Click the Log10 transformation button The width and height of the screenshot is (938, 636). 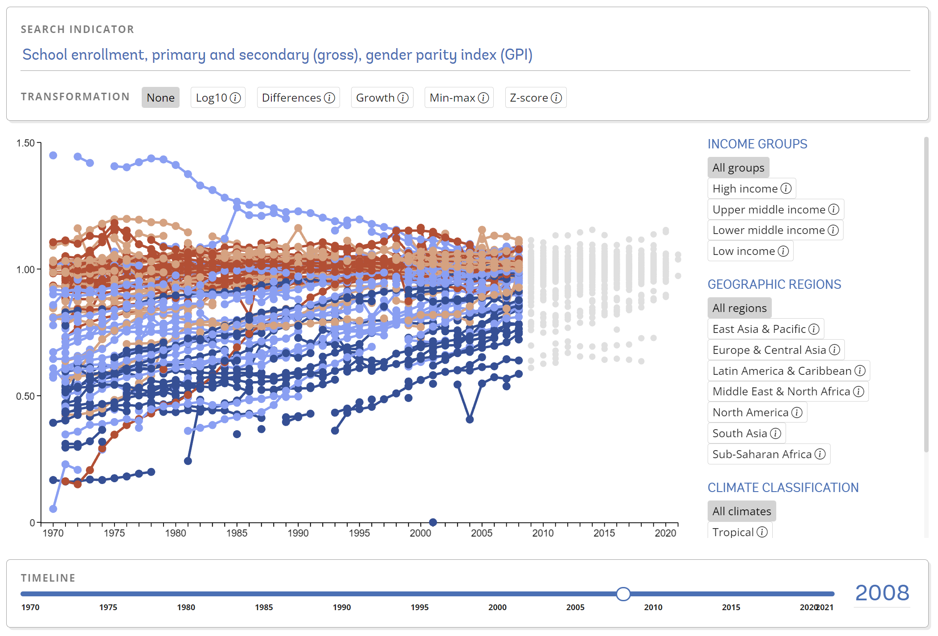[x=217, y=98]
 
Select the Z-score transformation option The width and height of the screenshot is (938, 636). [x=535, y=98]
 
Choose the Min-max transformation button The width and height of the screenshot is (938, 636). [x=459, y=98]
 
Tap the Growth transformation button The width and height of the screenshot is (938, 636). [x=381, y=98]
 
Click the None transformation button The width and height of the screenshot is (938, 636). [x=160, y=98]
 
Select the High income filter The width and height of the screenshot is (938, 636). [x=751, y=189]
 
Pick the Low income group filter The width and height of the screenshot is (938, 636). [x=750, y=251]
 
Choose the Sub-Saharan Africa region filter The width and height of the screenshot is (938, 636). [x=768, y=454]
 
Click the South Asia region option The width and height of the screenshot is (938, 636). [x=746, y=433]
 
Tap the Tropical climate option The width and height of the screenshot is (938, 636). [x=739, y=532]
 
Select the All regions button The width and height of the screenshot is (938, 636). [x=739, y=308]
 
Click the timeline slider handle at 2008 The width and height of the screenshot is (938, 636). [x=623, y=594]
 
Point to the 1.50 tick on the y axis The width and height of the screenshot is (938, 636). [x=25, y=143]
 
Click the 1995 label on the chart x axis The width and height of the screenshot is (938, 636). [x=359, y=533]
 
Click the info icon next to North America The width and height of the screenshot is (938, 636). [x=797, y=412]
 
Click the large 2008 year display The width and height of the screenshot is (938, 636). [x=882, y=593]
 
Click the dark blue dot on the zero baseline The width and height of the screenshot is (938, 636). [x=433, y=522]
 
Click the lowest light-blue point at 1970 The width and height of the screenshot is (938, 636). [x=53, y=509]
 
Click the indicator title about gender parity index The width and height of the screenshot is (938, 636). [x=277, y=54]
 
